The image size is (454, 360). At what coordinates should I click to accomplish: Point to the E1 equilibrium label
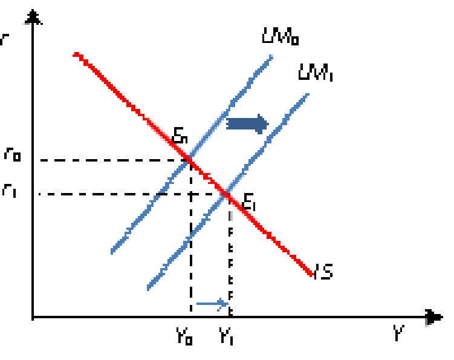249,201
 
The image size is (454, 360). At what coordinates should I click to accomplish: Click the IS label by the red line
326,272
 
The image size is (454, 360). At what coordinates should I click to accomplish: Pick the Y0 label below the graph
184,335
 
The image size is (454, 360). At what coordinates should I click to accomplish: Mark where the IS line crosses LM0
189,160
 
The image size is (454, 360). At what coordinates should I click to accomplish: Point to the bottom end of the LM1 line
149,288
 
